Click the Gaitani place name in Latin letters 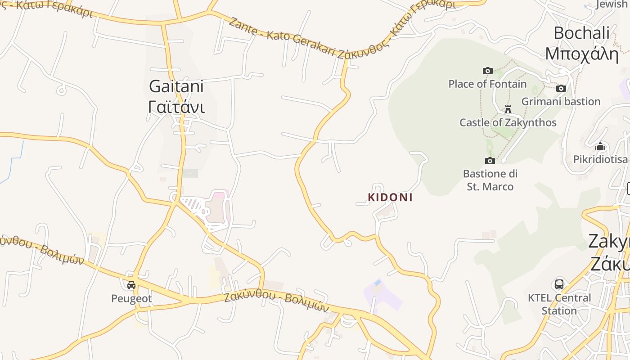coord(176,86)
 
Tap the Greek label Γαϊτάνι coord(176,107)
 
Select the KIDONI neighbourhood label coord(390,197)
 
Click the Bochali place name coord(581,33)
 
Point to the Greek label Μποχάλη coord(581,53)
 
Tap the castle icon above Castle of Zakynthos coord(508,109)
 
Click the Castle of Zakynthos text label coord(508,122)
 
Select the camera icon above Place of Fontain coord(487,71)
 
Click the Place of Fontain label coord(487,84)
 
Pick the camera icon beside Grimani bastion coord(561,88)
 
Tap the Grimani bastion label coord(561,101)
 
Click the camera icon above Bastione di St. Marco coord(490,161)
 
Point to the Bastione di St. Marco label coord(490,180)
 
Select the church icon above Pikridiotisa coord(600,146)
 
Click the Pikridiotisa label coord(600,159)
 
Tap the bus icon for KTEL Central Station coord(559,284)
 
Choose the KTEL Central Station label coord(559,304)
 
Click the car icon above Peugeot coord(131,285)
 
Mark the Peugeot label coord(131,298)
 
